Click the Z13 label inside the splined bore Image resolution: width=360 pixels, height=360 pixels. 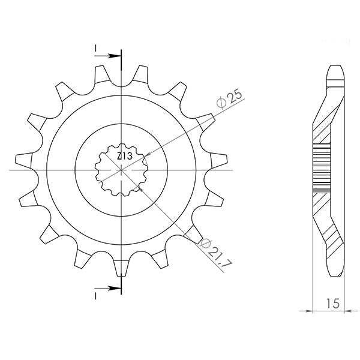point(125,157)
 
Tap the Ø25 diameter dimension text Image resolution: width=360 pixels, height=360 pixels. point(229,99)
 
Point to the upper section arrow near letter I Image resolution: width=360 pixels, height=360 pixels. point(107,56)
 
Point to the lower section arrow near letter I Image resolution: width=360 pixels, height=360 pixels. point(107,288)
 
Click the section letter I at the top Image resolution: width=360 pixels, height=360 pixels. point(96,48)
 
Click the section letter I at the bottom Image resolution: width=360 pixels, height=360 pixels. point(96,296)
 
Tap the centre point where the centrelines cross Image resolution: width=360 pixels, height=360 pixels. point(121,170)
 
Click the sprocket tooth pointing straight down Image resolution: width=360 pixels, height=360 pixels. point(121,268)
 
